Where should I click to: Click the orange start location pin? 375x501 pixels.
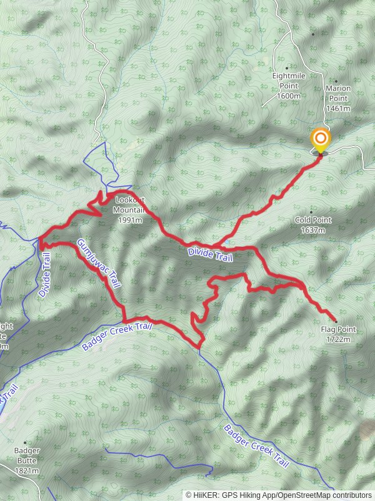(x=321, y=140)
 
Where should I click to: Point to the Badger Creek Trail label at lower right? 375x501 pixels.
(x=257, y=446)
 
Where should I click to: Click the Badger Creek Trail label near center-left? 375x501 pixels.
(x=117, y=337)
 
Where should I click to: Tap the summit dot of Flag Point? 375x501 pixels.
(x=336, y=321)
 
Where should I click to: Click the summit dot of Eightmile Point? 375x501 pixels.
(x=287, y=68)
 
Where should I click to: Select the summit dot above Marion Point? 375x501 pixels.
(x=336, y=81)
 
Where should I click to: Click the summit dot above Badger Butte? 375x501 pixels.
(x=25, y=442)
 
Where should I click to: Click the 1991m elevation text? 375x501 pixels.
(x=130, y=220)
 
